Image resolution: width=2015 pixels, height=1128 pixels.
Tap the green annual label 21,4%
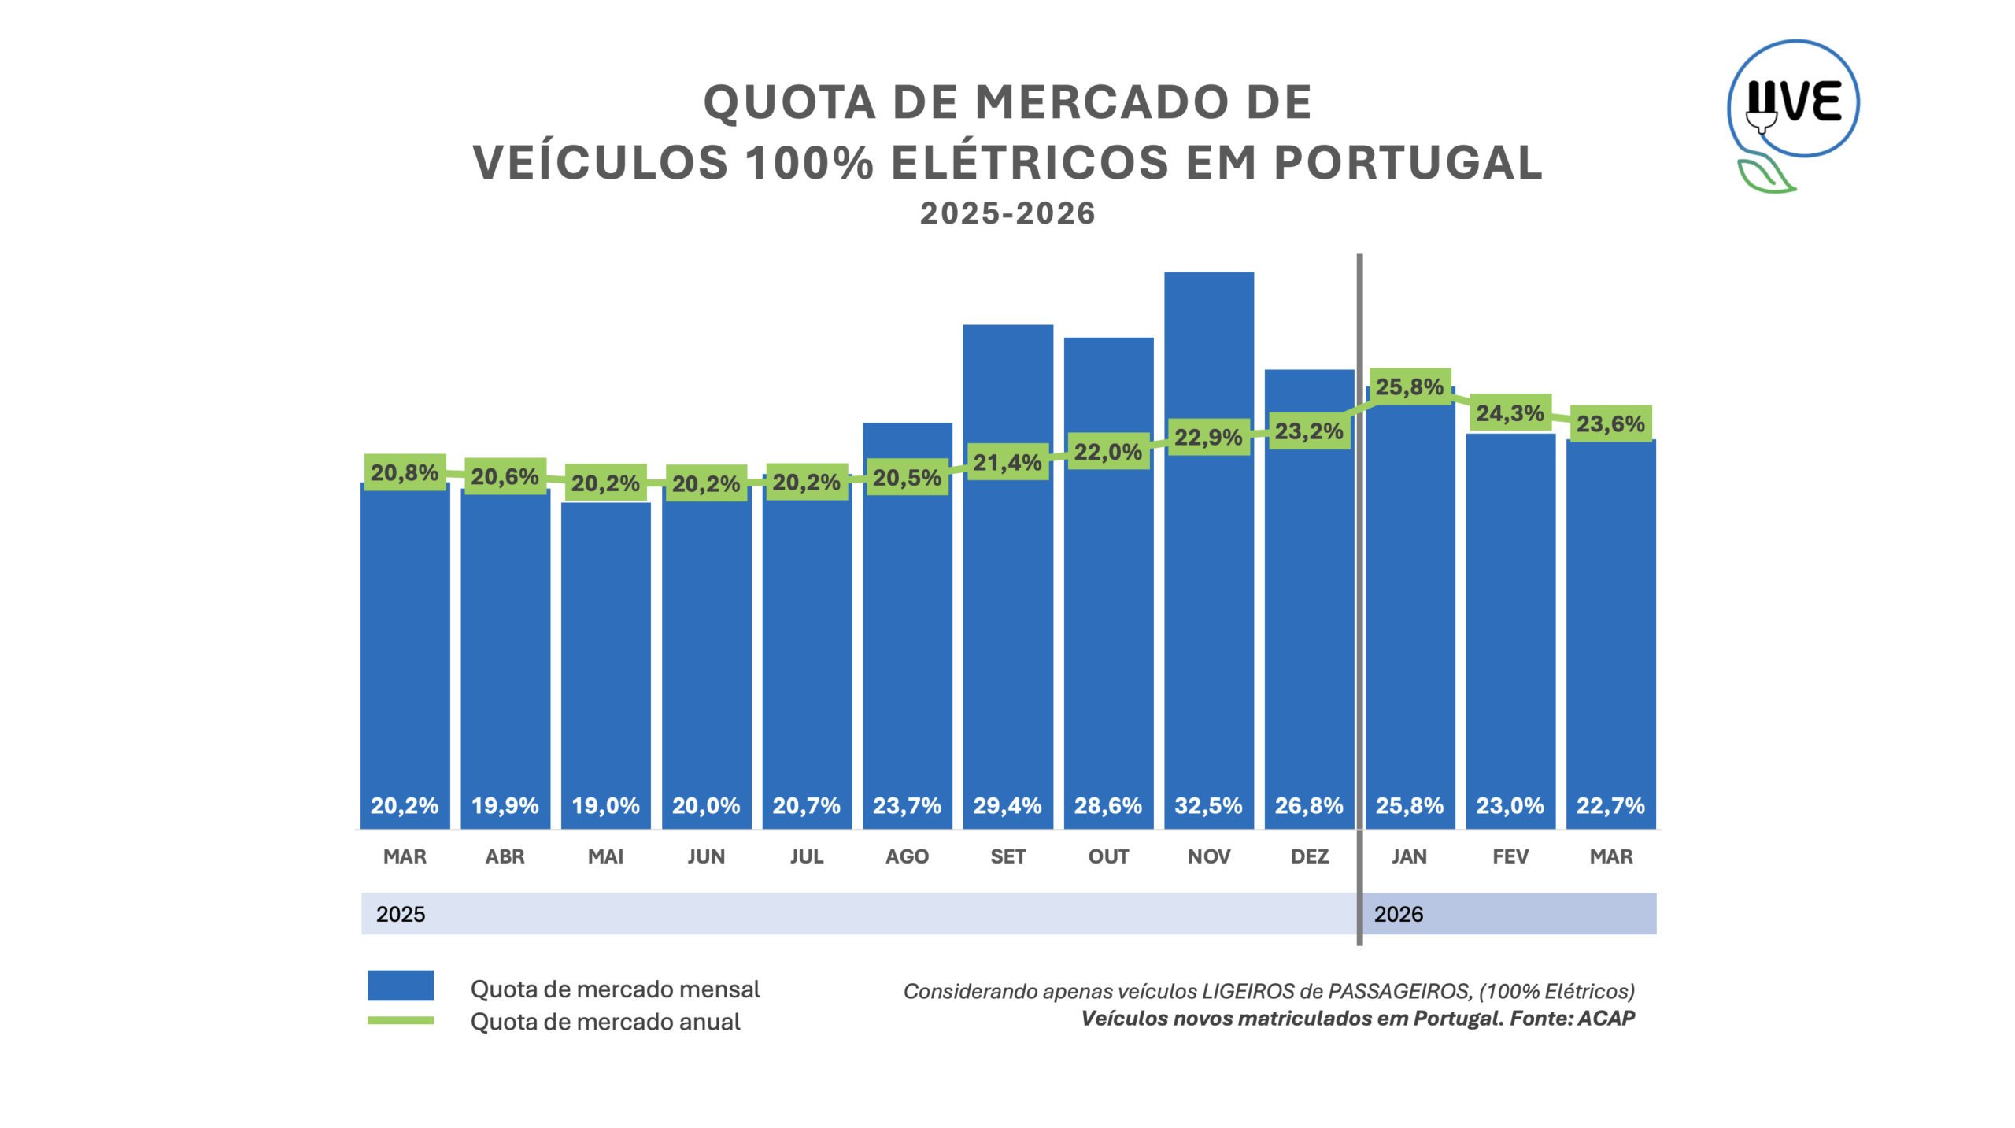coord(1007,462)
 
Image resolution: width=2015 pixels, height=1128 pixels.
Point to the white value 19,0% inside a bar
coord(605,805)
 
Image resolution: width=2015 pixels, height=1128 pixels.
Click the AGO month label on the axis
coord(907,856)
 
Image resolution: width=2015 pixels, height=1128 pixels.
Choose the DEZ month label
coord(1309,856)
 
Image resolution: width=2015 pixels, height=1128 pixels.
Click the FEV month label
coord(1510,856)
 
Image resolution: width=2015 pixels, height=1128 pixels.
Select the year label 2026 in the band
coord(1398,914)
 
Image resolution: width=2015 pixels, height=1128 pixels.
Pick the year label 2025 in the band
coord(400,914)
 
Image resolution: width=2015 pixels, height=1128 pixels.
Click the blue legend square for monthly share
coord(400,985)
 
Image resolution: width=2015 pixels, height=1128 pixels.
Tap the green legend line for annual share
coord(400,1020)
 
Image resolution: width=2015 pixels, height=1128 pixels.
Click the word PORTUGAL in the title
coord(1407,163)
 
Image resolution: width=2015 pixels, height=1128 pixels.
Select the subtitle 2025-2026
coord(1007,213)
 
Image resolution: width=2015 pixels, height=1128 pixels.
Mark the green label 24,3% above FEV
coord(1509,412)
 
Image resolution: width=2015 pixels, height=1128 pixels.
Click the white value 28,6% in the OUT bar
coord(1107,805)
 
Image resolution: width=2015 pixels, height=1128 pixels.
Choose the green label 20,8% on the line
coord(405,472)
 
